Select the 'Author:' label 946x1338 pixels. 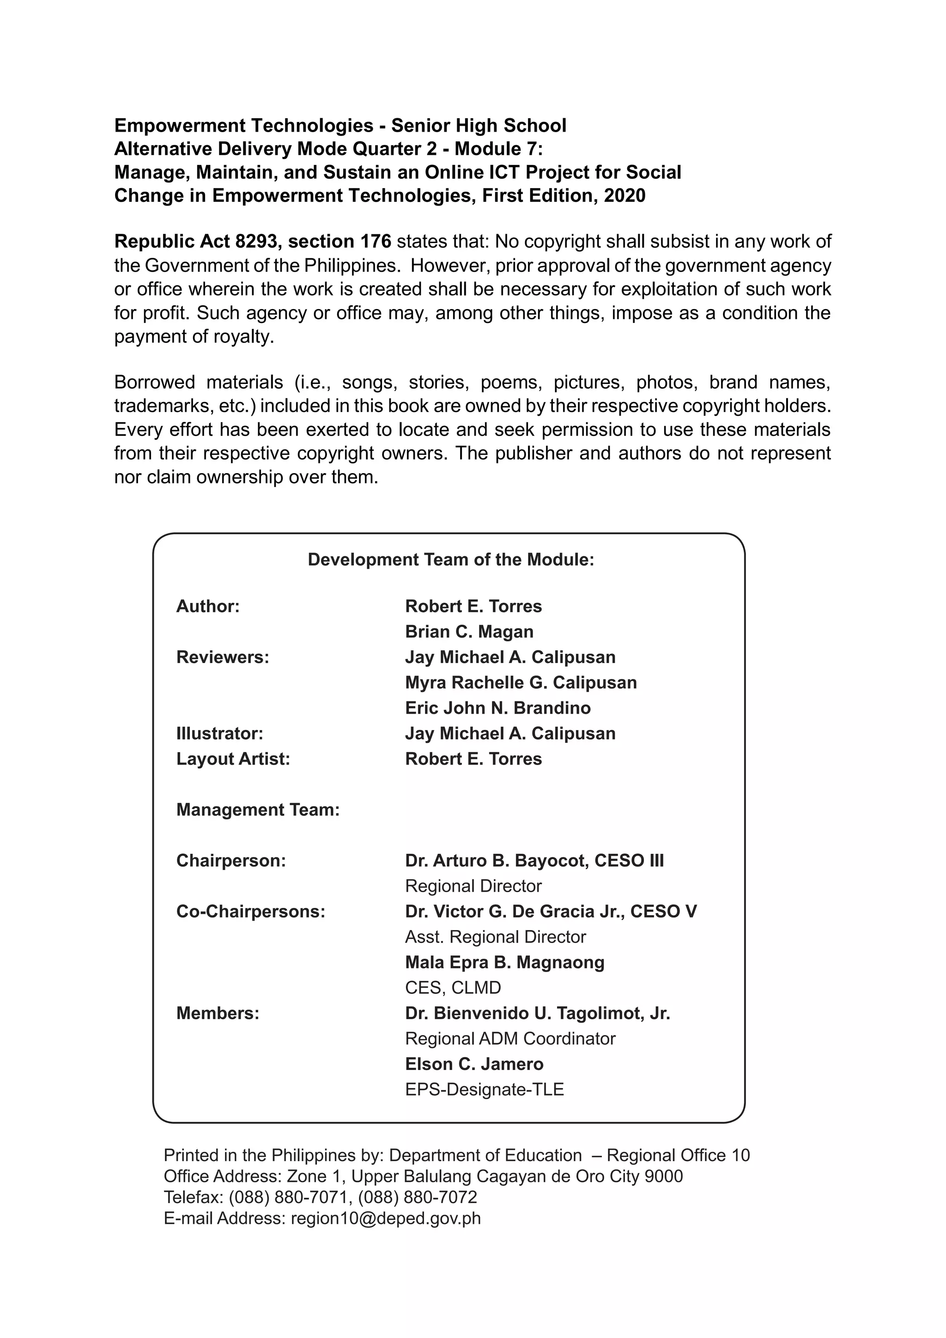pyautogui.click(x=208, y=606)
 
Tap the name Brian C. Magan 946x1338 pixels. pyautogui.click(x=469, y=632)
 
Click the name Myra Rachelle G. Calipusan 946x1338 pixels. pyautogui.click(x=521, y=682)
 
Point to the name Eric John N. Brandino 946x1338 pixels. pyautogui.click(x=497, y=708)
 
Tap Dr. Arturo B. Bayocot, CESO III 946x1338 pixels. pyautogui.click(x=534, y=861)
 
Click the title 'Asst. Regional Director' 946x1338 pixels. pyautogui.click(x=495, y=937)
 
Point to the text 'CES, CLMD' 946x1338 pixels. pyautogui.click(x=453, y=988)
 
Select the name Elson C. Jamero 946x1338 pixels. pyautogui.click(x=474, y=1064)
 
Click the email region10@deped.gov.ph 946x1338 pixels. pyautogui.click(x=386, y=1218)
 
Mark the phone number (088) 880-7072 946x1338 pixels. pyautogui.click(x=417, y=1197)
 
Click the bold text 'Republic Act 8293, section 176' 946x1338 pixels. pyautogui.click(x=252, y=241)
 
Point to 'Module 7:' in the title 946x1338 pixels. pyautogui.click(x=498, y=149)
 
